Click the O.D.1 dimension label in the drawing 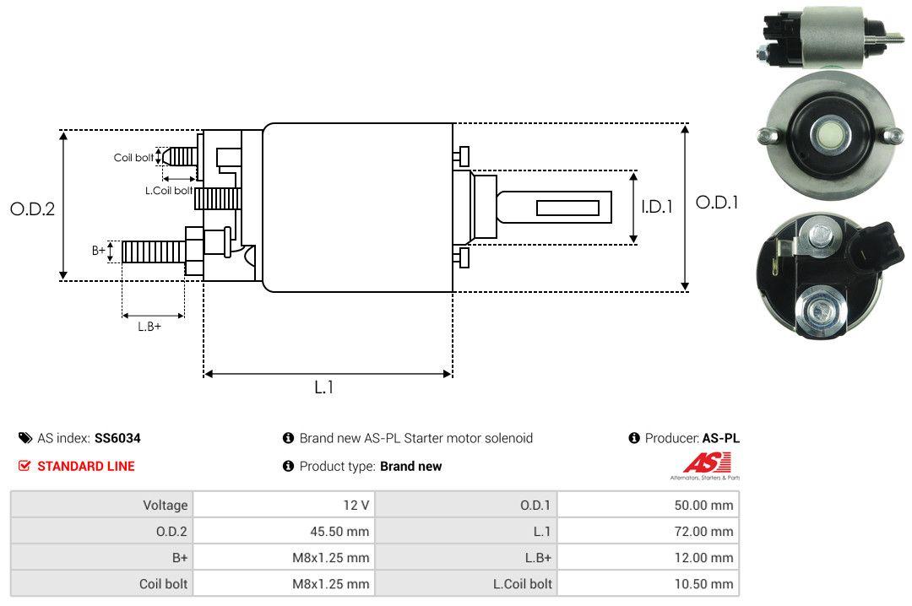[x=717, y=203]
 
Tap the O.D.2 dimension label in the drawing [x=32, y=208]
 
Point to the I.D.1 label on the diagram [x=656, y=206]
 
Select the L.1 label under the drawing [x=325, y=387]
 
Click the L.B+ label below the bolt [x=149, y=327]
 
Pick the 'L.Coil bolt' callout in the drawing [x=169, y=191]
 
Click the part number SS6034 [x=117, y=438]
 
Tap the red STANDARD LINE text [x=85, y=466]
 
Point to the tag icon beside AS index [x=25, y=438]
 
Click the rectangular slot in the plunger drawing [x=567, y=208]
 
